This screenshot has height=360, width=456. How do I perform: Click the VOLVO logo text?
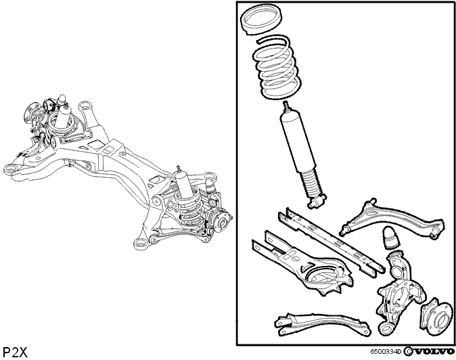(x=434, y=352)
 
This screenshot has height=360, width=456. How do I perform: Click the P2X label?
(x=15, y=352)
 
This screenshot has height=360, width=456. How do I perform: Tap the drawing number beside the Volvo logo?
(x=386, y=352)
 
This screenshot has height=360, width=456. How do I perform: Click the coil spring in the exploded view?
(x=276, y=68)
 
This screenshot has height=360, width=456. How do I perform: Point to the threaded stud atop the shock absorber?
(x=287, y=106)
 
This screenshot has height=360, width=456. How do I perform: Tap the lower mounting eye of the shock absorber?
(x=317, y=202)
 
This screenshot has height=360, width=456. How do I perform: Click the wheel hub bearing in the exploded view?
(x=437, y=316)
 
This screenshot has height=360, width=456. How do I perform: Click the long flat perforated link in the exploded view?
(x=332, y=242)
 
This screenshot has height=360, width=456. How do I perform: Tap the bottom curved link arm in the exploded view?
(x=321, y=323)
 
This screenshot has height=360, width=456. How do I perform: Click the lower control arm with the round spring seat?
(x=302, y=265)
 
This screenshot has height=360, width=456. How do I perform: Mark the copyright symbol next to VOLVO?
(x=408, y=352)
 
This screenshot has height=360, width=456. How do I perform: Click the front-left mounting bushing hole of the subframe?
(x=11, y=170)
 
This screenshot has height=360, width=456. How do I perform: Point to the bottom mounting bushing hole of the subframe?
(x=140, y=243)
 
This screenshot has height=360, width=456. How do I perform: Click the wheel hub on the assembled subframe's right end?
(x=222, y=221)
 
